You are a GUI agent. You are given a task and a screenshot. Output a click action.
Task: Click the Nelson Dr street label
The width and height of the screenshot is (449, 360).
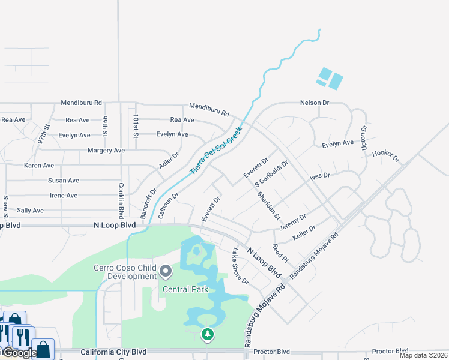pos(315,103)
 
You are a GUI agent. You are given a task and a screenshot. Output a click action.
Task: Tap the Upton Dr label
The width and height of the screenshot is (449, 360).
pos(364,137)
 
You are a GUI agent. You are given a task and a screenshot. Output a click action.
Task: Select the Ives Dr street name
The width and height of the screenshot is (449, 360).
pos(319,176)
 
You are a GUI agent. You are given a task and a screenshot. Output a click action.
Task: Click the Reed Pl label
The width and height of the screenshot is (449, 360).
pos(280,251)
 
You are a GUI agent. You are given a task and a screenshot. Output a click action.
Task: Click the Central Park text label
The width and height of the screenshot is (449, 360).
pos(185,289)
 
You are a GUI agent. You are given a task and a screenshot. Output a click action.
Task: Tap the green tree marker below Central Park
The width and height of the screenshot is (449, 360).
pos(208,334)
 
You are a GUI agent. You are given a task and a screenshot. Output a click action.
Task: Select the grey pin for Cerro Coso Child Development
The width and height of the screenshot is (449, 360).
pos(166,272)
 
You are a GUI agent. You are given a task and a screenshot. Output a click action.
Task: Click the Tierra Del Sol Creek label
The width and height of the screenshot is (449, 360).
pos(216,150)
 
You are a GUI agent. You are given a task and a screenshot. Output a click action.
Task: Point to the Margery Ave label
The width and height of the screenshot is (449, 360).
pos(106,150)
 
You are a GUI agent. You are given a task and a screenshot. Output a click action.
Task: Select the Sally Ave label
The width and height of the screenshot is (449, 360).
pos(30,211)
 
